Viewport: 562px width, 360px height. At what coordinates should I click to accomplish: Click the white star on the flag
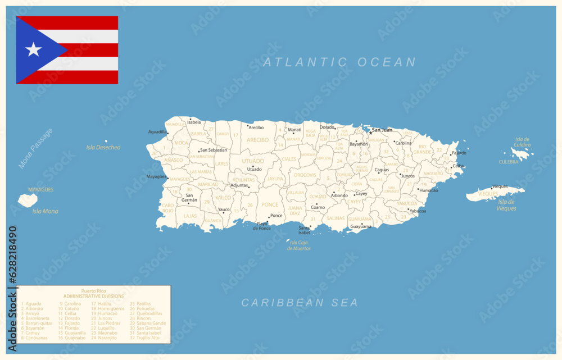[x=34, y=50]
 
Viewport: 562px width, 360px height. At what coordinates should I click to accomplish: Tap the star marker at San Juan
[x=370, y=133]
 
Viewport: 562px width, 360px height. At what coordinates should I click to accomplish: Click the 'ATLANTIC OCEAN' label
[x=339, y=62]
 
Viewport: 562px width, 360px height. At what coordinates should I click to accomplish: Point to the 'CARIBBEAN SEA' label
[x=300, y=303]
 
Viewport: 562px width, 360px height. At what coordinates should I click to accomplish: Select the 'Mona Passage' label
[x=35, y=148]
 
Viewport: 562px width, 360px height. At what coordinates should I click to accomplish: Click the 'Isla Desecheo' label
[x=103, y=148]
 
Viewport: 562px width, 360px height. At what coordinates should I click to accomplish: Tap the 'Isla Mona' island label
[x=45, y=211]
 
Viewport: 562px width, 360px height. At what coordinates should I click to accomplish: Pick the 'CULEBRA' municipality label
[x=509, y=162]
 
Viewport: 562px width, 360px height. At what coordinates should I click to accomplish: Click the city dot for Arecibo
[x=248, y=126]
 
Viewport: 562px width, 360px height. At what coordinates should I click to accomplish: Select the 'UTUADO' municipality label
[x=253, y=161]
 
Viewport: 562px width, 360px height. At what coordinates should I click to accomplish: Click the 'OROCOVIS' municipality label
[x=305, y=175]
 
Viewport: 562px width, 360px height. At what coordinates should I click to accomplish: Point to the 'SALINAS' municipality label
[x=336, y=218]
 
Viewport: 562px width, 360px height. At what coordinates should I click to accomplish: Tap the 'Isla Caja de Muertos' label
[x=299, y=245]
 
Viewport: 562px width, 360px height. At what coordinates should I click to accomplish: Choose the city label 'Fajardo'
[x=459, y=153]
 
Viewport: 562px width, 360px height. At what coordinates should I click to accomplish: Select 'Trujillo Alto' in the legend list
[x=148, y=338]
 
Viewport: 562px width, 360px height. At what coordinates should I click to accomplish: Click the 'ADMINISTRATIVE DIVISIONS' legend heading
[x=93, y=295]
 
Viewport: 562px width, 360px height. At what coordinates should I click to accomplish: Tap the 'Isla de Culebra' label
[x=522, y=142]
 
